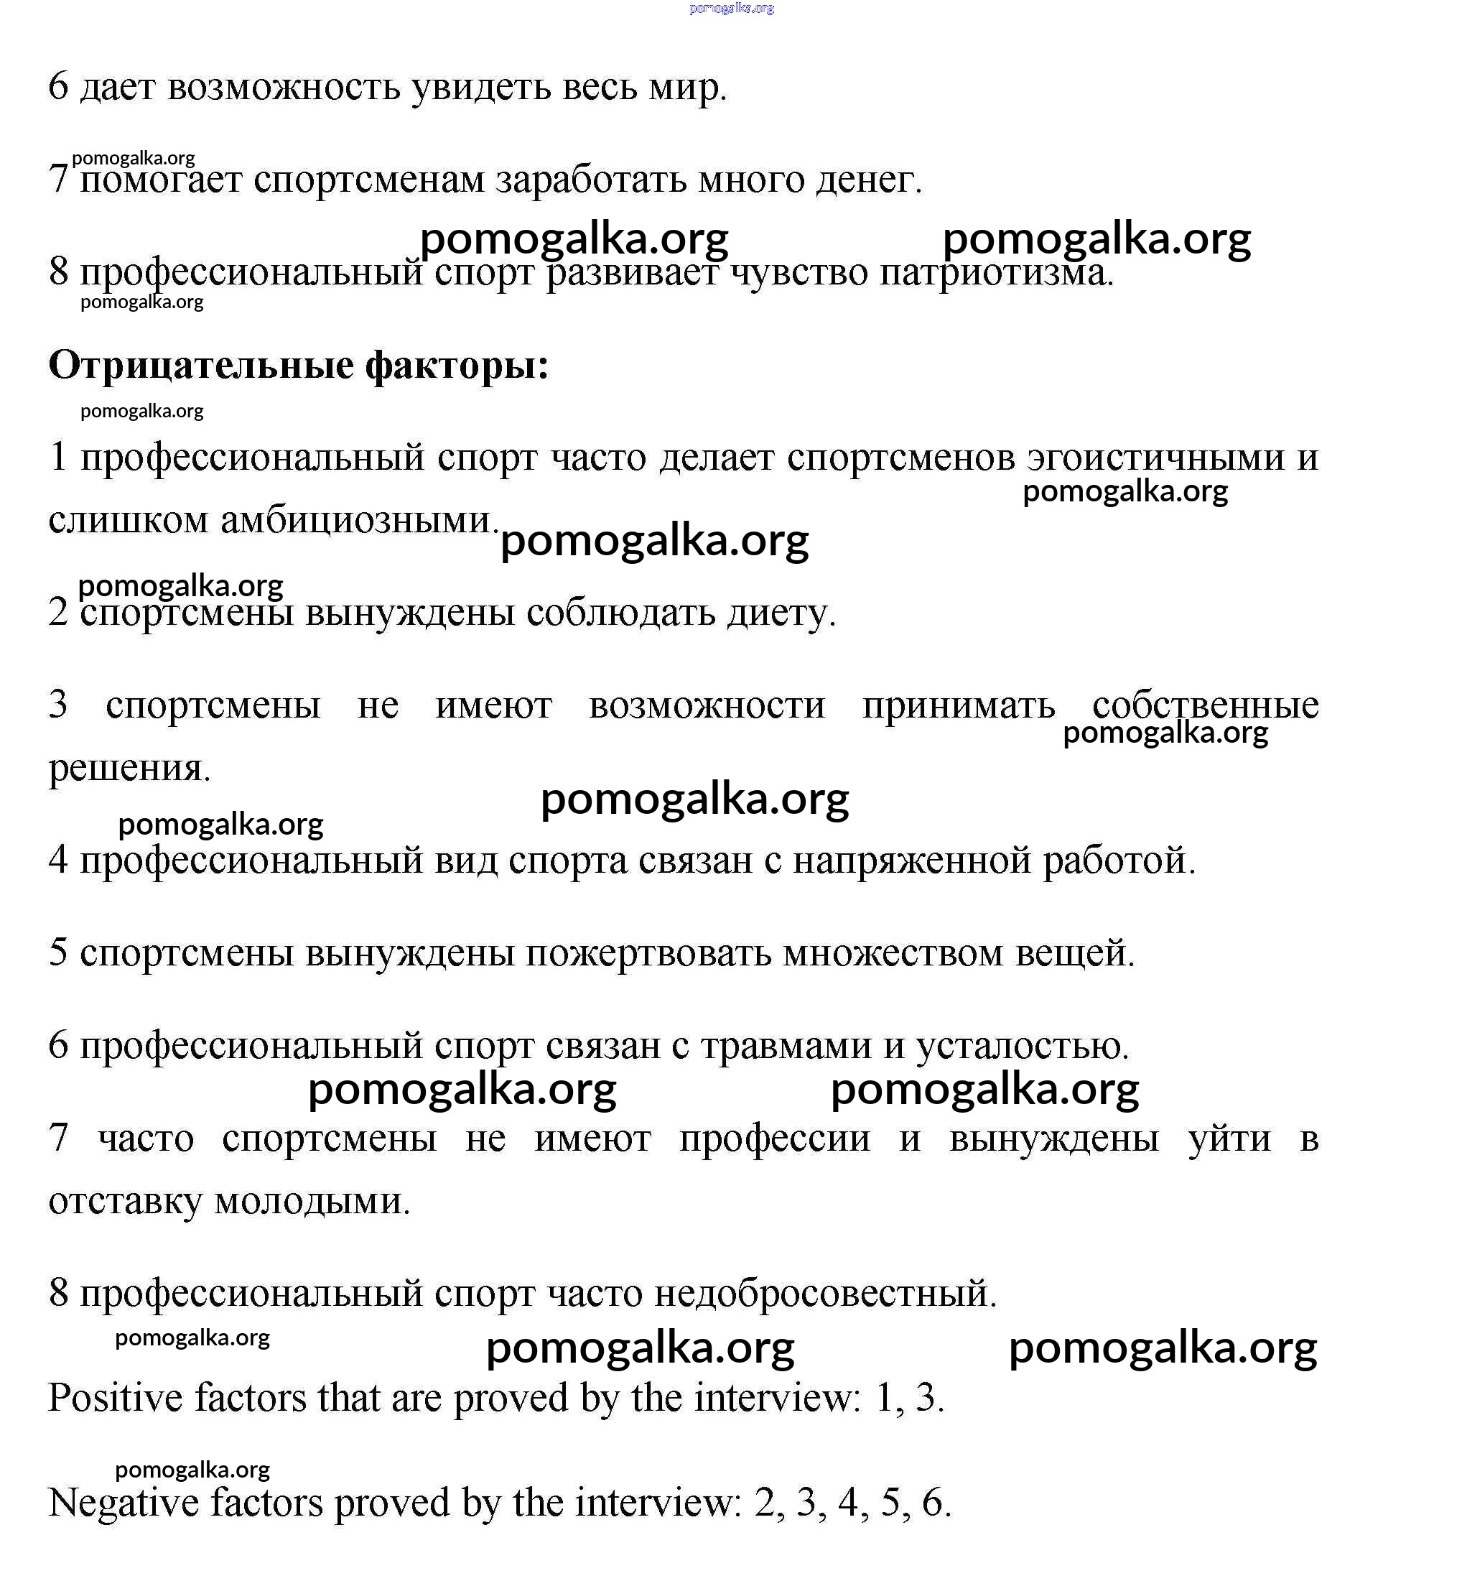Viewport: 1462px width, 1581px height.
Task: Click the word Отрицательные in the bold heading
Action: click(x=201, y=366)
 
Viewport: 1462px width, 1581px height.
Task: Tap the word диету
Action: click(x=781, y=613)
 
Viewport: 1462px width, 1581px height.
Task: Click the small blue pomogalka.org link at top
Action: click(x=731, y=9)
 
